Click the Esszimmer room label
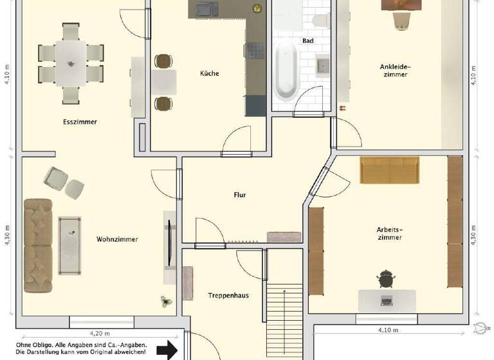(x=80, y=122)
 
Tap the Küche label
(x=209, y=73)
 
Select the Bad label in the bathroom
(x=307, y=40)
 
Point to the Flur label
(x=240, y=195)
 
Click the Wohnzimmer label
(x=117, y=240)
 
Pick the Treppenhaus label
(x=228, y=296)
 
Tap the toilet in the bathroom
(x=319, y=20)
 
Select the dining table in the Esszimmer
(x=71, y=63)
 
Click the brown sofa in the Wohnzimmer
(x=38, y=245)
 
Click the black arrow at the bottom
(x=167, y=350)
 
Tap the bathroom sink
(x=322, y=66)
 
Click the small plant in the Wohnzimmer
(x=166, y=300)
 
